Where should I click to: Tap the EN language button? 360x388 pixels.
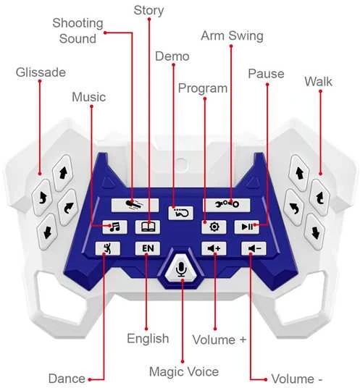pos(148,248)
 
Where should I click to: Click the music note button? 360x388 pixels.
pos(114,227)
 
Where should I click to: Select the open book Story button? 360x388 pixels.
pos(148,227)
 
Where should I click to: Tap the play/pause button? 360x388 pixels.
pos(247,227)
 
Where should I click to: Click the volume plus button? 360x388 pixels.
pos(214,248)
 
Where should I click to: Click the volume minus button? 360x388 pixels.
pos(254,248)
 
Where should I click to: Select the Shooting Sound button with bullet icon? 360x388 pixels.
pos(135,205)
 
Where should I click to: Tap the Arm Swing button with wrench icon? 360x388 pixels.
pos(227,205)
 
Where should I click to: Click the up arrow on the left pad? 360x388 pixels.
pos(63,173)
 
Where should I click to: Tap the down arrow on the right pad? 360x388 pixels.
pos(314,232)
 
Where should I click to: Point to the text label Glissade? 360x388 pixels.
pos(41,72)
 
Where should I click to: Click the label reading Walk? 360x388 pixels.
pos(318,81)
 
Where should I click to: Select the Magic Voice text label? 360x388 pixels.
pos(184,371)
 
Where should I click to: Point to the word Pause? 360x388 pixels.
pos(266,74)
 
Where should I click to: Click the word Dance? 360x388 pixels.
pos(67,379)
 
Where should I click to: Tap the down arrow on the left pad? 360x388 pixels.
pos(47,232)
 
